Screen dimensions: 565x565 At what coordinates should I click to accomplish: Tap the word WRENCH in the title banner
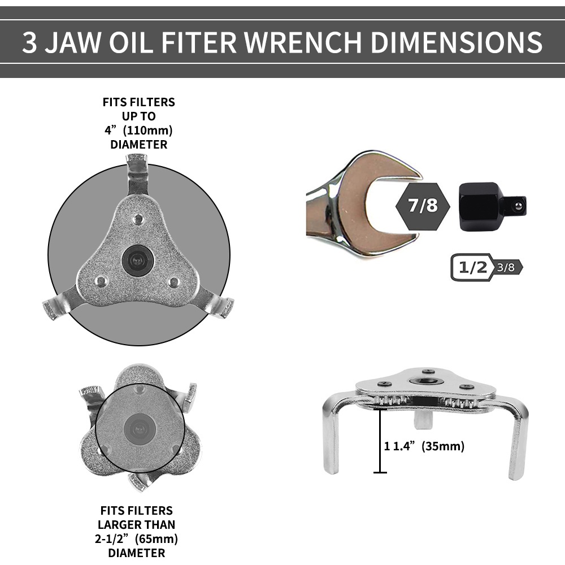(303, 42)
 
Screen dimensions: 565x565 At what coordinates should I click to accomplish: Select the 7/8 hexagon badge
(423, 206)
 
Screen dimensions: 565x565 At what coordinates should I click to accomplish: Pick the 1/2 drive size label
(473, 267)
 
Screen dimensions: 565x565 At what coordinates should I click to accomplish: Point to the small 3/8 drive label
(506, 267)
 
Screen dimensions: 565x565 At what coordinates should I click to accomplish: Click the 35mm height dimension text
(424, 446)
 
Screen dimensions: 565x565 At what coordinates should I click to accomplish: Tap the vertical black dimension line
(380, 441)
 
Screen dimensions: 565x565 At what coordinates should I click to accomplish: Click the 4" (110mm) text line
(139, 130)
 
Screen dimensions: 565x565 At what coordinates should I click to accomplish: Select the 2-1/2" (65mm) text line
(136, 538)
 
